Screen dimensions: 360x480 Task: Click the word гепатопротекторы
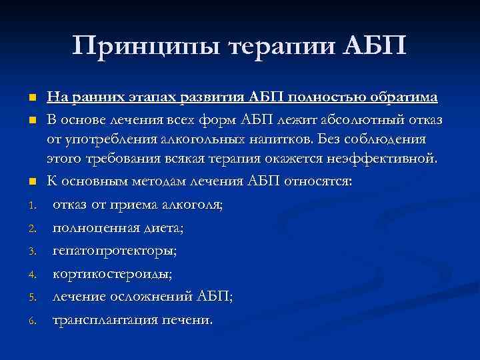pos(115,251)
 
